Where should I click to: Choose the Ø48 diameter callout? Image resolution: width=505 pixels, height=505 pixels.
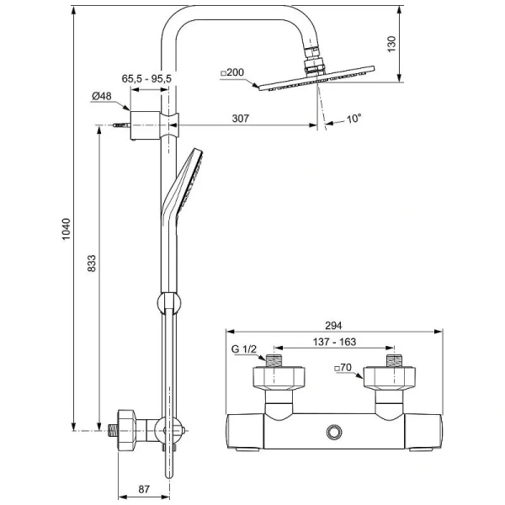102,96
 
